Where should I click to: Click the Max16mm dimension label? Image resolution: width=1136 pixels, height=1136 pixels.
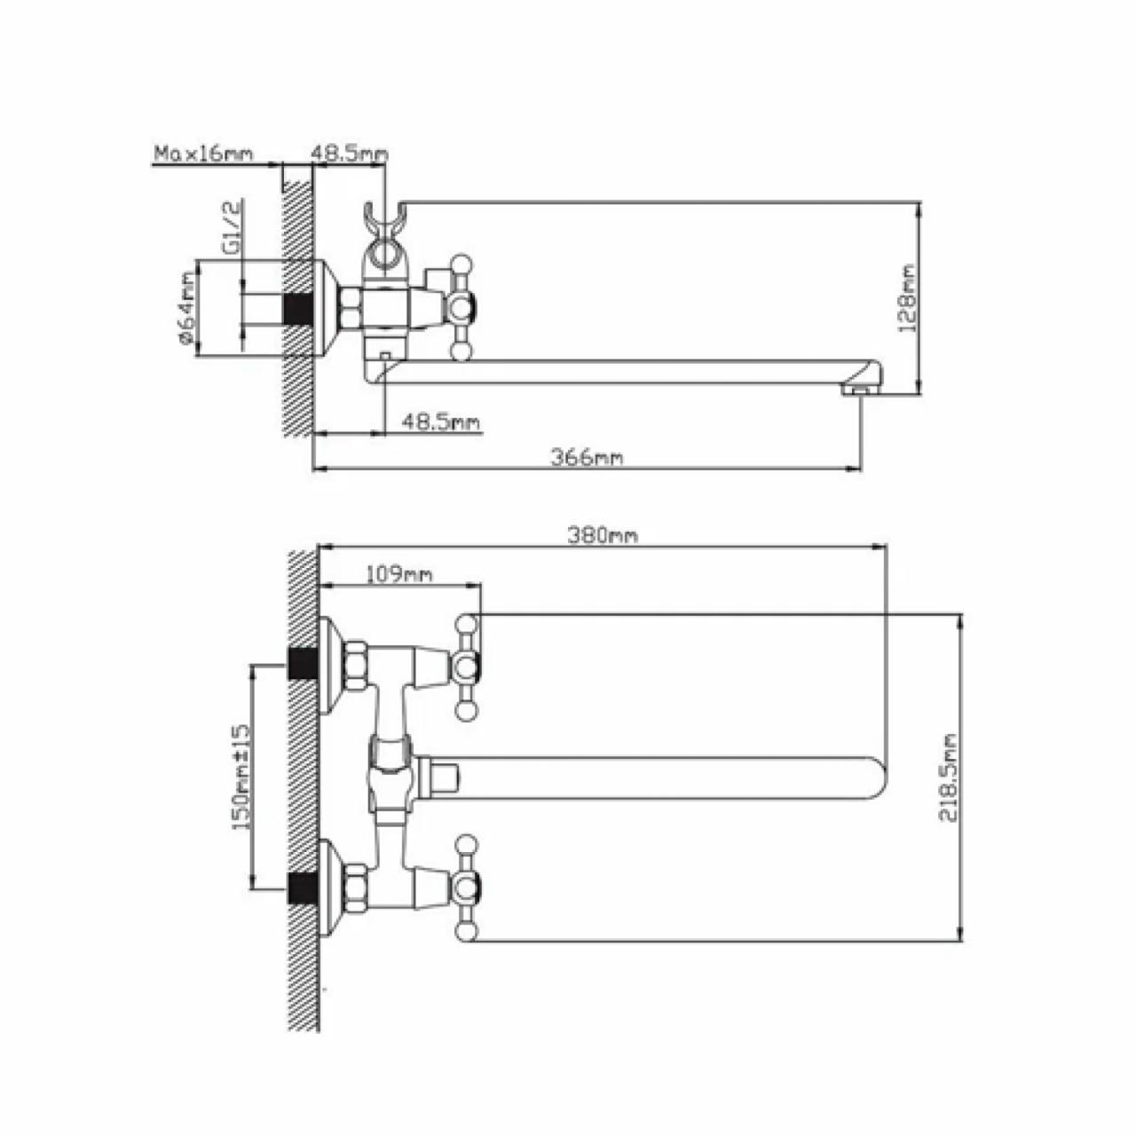coord(203,154)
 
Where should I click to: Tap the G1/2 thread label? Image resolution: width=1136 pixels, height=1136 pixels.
coord(233,226)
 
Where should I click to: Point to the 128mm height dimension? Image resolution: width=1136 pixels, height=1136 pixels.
coord(907,298)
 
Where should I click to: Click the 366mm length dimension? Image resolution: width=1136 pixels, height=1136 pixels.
coord(587,457)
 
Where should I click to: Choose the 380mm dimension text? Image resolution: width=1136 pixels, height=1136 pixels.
coord(603,535)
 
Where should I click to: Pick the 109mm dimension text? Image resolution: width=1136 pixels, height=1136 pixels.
coord(399,573)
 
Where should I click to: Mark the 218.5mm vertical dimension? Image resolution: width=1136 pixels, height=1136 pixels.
coord(948,778)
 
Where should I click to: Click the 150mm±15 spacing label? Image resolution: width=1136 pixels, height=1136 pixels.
coord(241,778)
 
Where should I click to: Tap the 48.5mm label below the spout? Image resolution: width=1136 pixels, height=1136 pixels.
coord(440,422)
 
